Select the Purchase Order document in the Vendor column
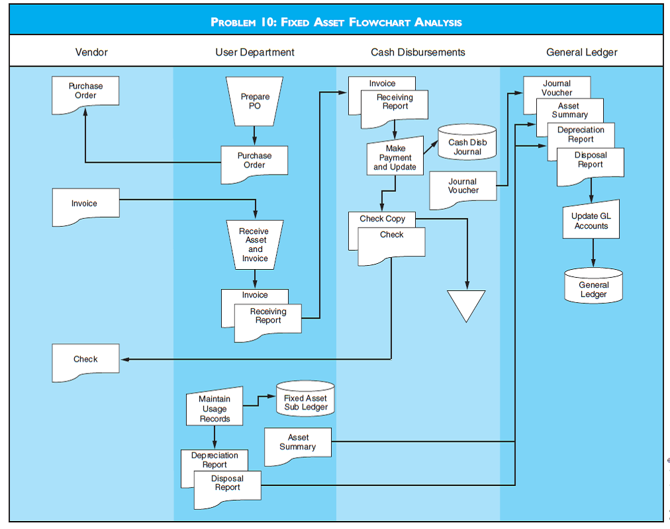pos(85,93)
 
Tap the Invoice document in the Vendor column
pos(85,204)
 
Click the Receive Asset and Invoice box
pos(255,245)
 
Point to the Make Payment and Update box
pos(395,158)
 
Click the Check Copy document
pos(382,219)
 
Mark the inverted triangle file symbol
pos(466,303)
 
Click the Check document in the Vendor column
pos(85,360)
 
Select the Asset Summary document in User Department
pos(297,442)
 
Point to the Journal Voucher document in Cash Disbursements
pos(463,186)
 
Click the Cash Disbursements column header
pos(418,52)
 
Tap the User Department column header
pos(255,52)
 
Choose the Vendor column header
pos(91,52)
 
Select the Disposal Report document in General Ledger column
pos(591,161)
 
